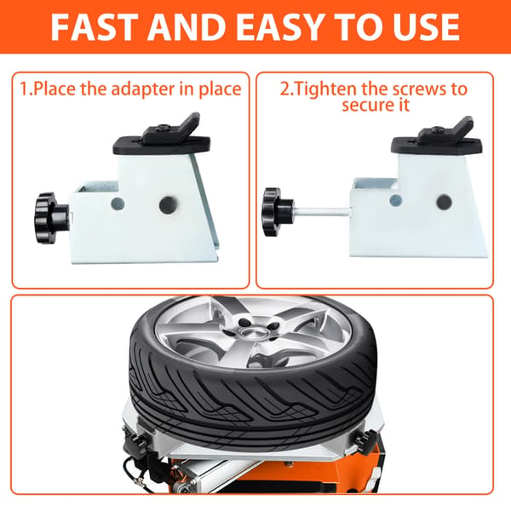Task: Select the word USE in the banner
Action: point(426,27)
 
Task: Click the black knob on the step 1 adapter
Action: point(51,218)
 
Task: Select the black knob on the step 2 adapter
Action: point(278,212)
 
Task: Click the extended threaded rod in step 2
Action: point(322,211)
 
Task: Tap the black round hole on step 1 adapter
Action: point(168,205)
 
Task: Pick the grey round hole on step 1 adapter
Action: point(118,204)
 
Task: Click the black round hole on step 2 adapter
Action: point(444,202)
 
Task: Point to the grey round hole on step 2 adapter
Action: point(396,200)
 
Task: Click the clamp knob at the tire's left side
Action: point(134,440)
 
